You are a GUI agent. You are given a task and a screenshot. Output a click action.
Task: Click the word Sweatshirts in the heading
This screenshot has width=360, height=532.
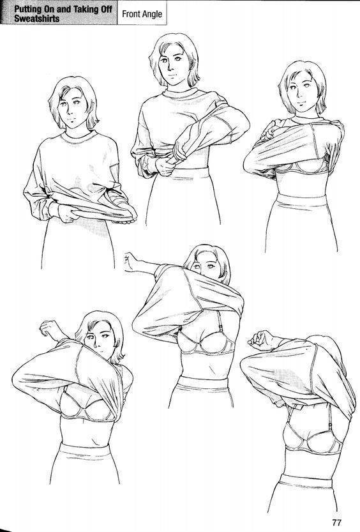[x=36, y=19]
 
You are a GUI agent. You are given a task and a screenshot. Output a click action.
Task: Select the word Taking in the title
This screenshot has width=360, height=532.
[x=86, y=9]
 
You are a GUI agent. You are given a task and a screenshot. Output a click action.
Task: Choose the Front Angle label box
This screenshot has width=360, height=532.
[x=142, y=13]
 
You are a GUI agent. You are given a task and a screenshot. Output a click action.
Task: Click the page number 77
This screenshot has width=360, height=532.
[x=336, y=522]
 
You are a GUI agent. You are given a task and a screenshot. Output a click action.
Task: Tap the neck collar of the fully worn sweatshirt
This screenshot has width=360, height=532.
[x=79, y=138]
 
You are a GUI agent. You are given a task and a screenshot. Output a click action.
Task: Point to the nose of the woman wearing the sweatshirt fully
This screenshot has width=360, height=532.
[x=71, y=111]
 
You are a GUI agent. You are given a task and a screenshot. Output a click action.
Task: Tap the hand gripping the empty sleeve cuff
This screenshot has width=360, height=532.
[x=165, y=166]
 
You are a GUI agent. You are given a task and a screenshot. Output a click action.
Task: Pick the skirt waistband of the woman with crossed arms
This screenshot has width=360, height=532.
[x=302, y=199]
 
